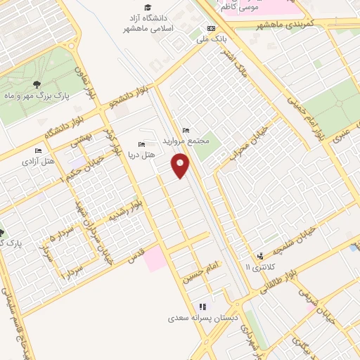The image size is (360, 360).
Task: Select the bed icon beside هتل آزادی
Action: (38, 150)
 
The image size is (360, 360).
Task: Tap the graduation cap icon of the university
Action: (148, 8)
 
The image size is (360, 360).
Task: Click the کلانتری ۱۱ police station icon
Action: (261, 255)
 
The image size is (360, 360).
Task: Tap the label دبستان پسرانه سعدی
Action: (203, 318)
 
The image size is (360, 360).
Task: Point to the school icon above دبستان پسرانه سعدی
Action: (203, 307)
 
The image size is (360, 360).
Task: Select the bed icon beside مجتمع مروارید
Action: (186, 130)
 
